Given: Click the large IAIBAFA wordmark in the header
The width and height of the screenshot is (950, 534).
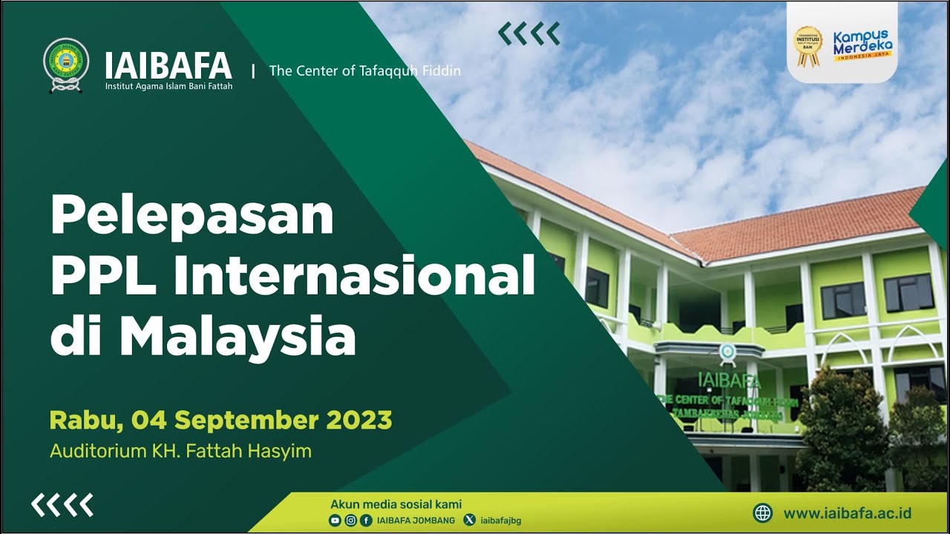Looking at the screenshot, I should click(168, 66).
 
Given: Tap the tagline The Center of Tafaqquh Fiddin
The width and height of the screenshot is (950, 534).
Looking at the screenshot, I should click(364, 71).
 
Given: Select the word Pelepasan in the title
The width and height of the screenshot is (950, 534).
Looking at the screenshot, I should click(191, 216).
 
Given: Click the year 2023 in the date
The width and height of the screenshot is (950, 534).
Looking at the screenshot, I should click(358, 421).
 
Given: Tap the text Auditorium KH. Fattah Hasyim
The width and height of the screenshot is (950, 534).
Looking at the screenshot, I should click(180, 451).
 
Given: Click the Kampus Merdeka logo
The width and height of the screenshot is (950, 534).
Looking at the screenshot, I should click(862, 46).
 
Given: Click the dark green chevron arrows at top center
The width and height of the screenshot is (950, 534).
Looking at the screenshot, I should click(528, 33).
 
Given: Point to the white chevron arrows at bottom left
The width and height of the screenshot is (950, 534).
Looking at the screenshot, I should click(62, 505).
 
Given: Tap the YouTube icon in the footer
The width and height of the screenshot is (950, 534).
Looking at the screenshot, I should click(335, 521).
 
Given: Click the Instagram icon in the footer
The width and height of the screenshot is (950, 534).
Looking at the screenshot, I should click(350, 521).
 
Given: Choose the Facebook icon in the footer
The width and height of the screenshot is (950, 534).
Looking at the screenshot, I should click(366, 521).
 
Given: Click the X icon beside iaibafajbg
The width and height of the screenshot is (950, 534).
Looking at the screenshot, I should click(469, 521).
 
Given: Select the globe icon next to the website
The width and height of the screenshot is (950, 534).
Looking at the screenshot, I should click(763, 513).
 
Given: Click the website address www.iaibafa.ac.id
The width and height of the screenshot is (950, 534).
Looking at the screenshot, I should click(847, 513).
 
